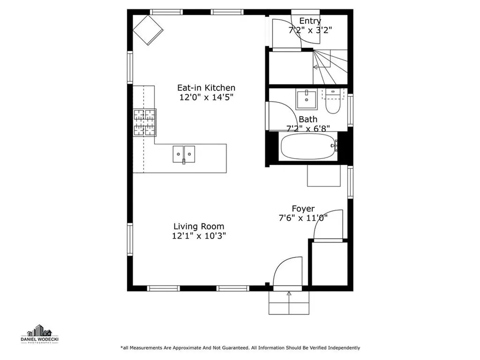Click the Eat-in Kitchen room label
pos(206,88)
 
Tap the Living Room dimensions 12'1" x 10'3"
pos(199,236)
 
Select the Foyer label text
pos(303,209)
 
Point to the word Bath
pos(308,120)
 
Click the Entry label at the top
pos(310,21)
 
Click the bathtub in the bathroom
pos(309,146)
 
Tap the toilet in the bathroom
pos(332,101)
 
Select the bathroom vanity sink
pos(307,98)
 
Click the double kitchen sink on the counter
pos(184,154)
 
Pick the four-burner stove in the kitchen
pos(144,122)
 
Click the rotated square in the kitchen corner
pos(148,30)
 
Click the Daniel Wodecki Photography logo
pos(39,334)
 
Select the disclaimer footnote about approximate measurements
pos(240,348)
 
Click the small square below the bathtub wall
pos(324,176)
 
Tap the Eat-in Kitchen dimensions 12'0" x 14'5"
pos(206,97)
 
